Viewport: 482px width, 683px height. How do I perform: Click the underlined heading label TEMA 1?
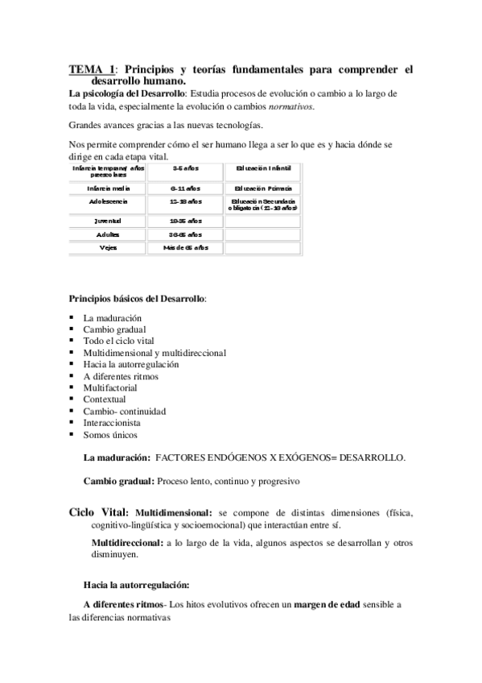click(92, 70)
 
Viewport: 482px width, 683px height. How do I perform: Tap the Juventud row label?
click(107, 220)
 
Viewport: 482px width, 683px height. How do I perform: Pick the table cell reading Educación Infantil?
click(263, 169)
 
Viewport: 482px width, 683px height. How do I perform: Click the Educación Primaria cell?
click(263, 187)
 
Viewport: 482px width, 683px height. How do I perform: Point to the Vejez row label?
click(107, 247)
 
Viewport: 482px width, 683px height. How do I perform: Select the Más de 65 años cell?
click(186, 247)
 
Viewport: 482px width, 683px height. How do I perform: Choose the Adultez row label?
click(107, 234)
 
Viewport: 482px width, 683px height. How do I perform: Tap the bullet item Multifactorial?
click(110, 387)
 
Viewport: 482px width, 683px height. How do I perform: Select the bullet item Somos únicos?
click(110, 434)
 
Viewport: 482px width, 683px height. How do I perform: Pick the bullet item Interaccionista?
click(112, 422)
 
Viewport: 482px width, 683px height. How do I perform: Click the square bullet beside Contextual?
click(72, 399)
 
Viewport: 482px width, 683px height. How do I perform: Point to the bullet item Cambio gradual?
click(115, 329)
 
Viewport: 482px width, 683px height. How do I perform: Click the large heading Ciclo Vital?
click(98, 511)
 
